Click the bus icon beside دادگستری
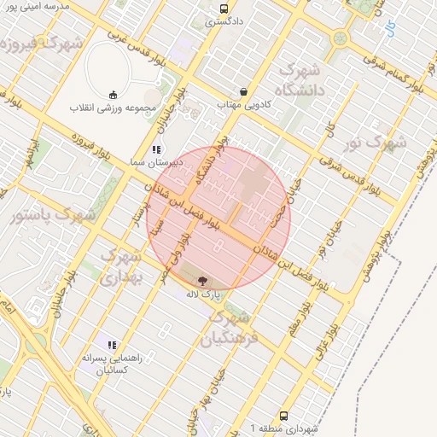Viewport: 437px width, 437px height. click(x=223, y=9)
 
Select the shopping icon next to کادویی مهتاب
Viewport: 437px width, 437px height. click(x=245, y=91)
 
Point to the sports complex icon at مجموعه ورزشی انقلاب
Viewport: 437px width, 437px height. click(x=114, y=96)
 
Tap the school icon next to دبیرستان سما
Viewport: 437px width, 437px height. click(x=155, y=149)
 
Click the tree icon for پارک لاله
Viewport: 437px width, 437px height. click(x=203, y=280)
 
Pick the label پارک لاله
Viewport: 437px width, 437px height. click(x=204, y=293)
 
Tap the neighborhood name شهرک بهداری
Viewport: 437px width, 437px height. click(x=119, y=266)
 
